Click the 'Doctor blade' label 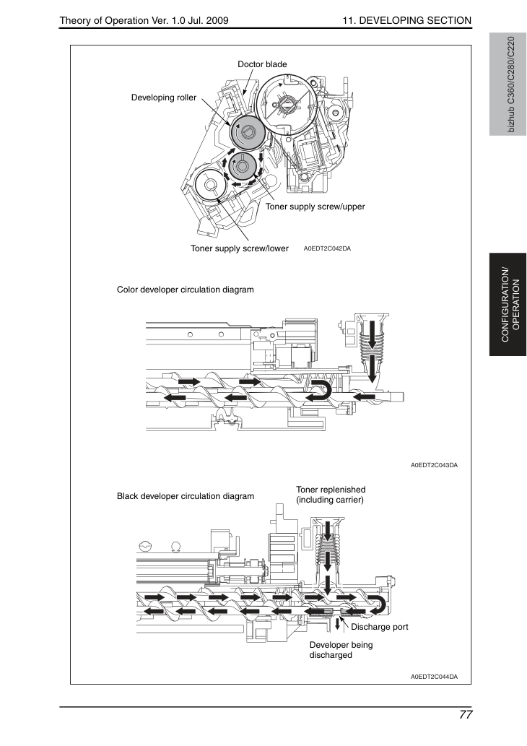(262, 64)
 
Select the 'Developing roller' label (164, 97)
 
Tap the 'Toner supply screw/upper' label (315, 207)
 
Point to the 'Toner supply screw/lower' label (239, 248)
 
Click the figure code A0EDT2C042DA (327, 248)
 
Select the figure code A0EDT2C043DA (435, 465)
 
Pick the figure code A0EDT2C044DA (435, 677)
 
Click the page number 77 (466, 715)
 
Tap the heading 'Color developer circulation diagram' (186, 290)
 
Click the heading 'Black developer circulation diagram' (186, 496)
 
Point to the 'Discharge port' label (380, 627)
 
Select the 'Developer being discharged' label (341, 650)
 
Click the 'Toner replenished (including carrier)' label (331, 495)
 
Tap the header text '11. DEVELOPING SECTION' (406, 20)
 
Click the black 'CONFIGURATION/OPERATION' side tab (508, 305)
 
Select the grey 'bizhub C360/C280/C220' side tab (508, 84)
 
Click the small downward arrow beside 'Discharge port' (338, 624)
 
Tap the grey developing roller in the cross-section (247, 131)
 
